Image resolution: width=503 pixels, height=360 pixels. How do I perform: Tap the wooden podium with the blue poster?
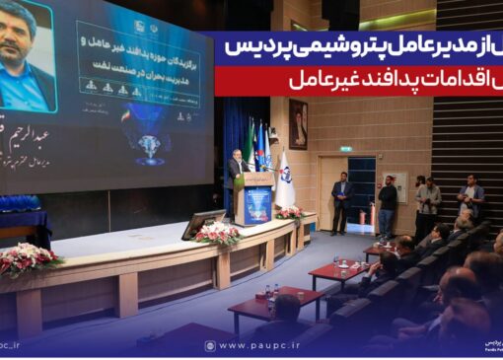(255, 196)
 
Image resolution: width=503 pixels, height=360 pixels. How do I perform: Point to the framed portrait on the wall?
(297, 122)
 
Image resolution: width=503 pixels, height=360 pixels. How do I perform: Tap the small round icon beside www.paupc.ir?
(210, 345)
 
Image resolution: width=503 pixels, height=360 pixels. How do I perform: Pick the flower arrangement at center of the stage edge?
(217, 233)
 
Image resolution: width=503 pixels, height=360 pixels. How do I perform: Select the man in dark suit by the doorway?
(341, 201)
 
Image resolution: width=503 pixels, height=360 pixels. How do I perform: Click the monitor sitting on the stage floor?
(203, 224)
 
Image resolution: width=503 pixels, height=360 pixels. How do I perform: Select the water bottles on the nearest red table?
(270, 292)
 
